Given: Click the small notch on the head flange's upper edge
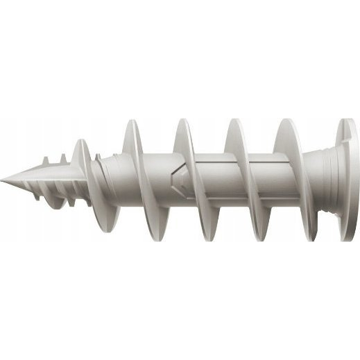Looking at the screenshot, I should click(345, 126).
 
